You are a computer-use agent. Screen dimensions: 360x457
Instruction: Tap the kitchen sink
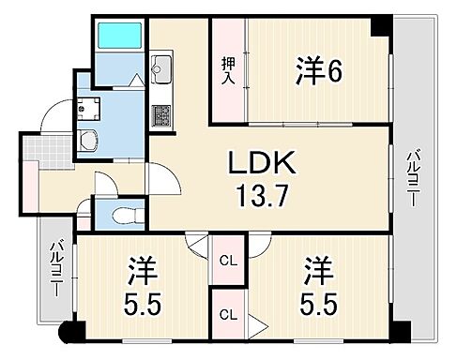pos(160,67)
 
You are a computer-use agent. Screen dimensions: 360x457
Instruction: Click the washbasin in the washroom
pos(89,142)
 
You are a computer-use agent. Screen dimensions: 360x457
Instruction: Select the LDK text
pos(264,164)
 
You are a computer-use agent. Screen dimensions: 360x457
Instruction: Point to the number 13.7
pos(264,199)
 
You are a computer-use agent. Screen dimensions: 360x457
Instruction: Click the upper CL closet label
pos(226,262)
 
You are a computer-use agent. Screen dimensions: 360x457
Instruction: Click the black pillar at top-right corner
pos(381,25)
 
